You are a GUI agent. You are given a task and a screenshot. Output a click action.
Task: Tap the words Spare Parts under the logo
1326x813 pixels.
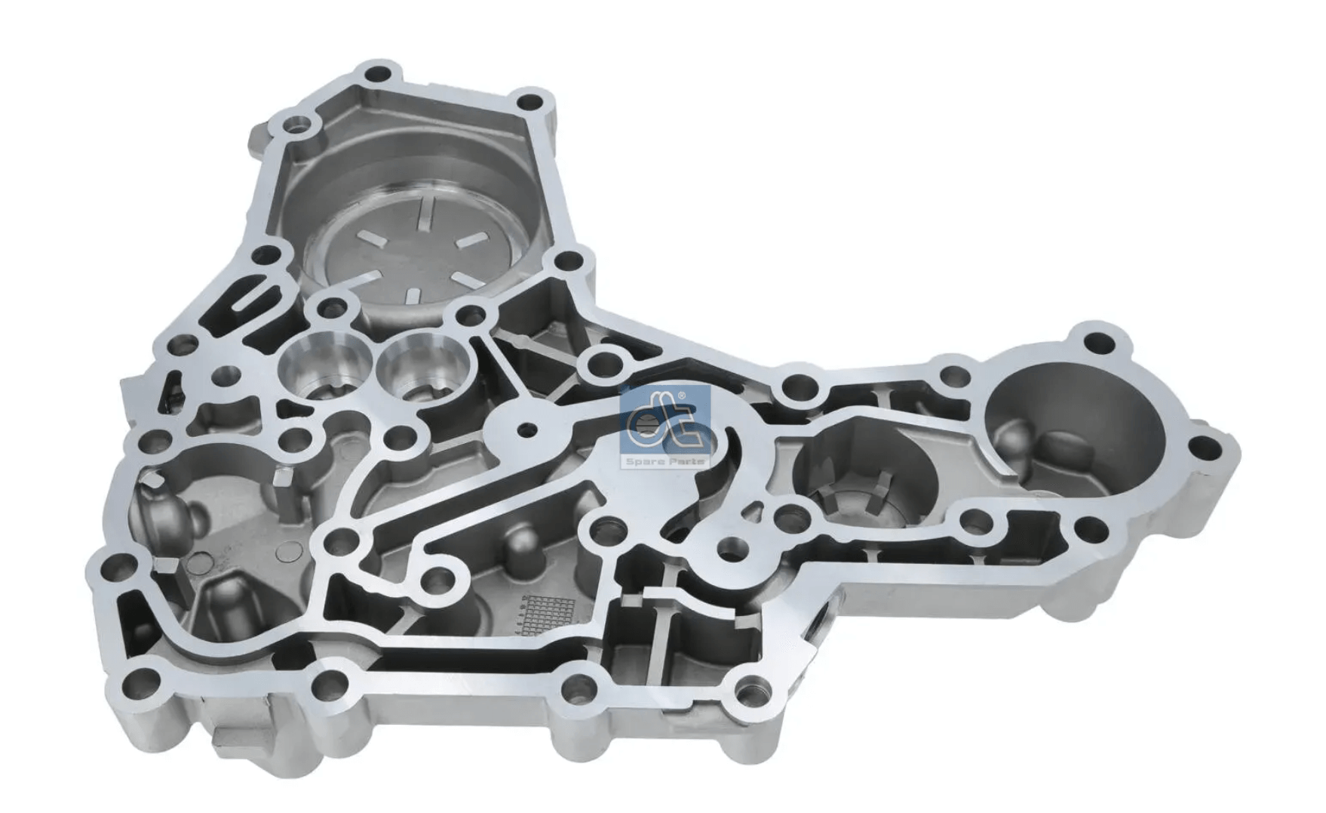[665, 460]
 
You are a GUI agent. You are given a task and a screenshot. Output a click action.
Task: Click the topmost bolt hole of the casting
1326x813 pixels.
[377, 75]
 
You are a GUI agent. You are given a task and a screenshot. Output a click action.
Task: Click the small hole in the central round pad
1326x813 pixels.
[527, 430]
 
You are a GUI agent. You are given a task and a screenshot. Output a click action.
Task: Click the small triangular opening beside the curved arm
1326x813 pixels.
[751, 513]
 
